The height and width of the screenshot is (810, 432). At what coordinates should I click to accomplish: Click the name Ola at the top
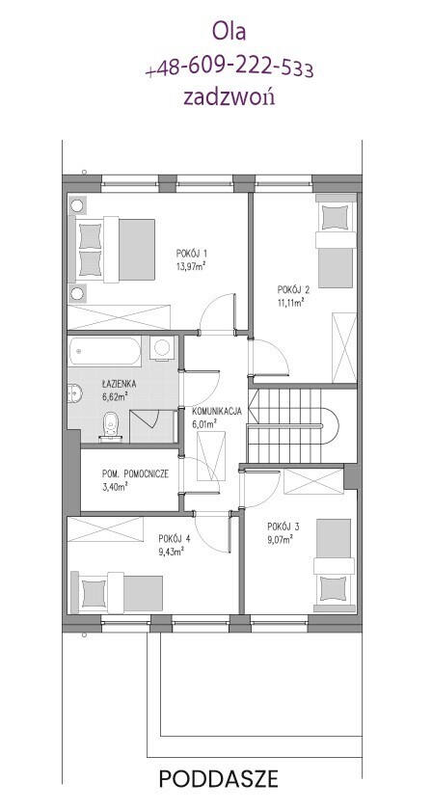pos(229,31)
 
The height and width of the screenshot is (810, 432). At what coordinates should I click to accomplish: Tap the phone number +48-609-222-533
pos(229,68)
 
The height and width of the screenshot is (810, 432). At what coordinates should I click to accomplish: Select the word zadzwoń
pos(229,96)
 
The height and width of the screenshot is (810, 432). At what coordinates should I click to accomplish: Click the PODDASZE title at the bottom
pos(218,778)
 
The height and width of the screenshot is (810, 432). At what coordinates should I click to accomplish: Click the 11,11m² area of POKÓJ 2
pos(289,302)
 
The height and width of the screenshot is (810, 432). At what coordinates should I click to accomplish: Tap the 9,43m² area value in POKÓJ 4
pos(172,552)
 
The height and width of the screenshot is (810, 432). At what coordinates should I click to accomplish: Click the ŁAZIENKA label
pos(119,384)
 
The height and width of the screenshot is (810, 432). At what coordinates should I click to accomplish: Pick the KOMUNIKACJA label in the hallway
pos(217,412)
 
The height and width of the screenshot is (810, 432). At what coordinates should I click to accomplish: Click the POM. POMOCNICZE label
pos(135,473)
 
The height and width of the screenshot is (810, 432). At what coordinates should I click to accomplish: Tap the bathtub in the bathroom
pos(104,351)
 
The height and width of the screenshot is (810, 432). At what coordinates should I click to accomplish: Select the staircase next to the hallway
pos(292,425)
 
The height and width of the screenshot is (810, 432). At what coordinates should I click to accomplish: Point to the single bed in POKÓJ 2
pos(336,241)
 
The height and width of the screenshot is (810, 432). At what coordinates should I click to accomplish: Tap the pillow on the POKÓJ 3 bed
pos(334,588)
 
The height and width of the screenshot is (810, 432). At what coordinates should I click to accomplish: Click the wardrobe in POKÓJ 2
pos(344,348)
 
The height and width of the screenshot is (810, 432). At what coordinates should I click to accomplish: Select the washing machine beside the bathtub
pos(163,348)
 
